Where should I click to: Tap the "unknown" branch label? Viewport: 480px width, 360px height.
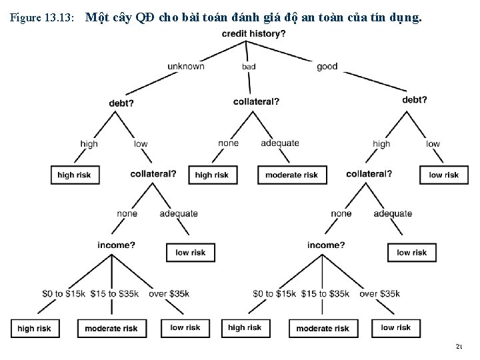186,66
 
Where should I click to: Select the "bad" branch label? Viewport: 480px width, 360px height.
249,67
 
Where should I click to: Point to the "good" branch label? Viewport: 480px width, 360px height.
327,66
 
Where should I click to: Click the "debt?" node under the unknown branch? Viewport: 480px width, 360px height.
121,103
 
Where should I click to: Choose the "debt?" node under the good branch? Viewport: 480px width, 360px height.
415,100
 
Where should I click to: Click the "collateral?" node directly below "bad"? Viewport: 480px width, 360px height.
257,101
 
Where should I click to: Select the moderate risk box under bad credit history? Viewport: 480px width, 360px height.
292,175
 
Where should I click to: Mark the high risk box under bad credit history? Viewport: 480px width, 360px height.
212,175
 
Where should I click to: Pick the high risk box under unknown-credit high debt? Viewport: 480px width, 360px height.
75,175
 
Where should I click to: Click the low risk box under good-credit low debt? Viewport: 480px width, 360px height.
443,175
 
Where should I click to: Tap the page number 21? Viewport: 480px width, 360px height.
459,347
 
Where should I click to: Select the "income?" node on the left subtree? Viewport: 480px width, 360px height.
116,245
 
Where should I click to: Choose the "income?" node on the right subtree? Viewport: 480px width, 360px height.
326,245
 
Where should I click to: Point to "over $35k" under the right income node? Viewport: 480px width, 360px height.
379,293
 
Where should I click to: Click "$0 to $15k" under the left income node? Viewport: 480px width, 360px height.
63,293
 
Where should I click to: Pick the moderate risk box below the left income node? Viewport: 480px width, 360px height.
111,328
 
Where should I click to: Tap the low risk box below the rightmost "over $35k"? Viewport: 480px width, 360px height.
397,328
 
